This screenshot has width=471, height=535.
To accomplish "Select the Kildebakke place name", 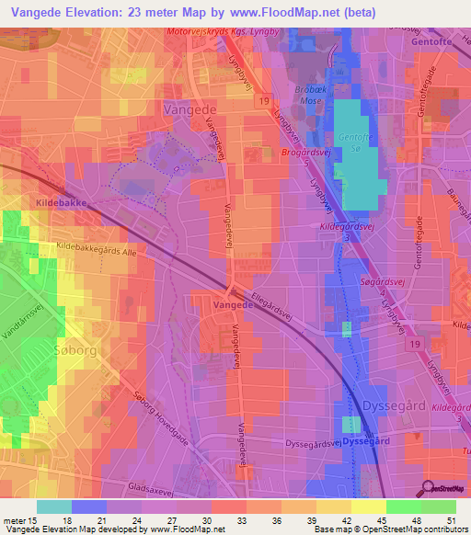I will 35,199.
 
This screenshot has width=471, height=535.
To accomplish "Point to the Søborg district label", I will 27,352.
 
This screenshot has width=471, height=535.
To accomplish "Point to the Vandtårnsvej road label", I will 22,319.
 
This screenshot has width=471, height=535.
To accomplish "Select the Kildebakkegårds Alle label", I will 95,248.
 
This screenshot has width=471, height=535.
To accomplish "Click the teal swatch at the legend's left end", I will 53,507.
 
